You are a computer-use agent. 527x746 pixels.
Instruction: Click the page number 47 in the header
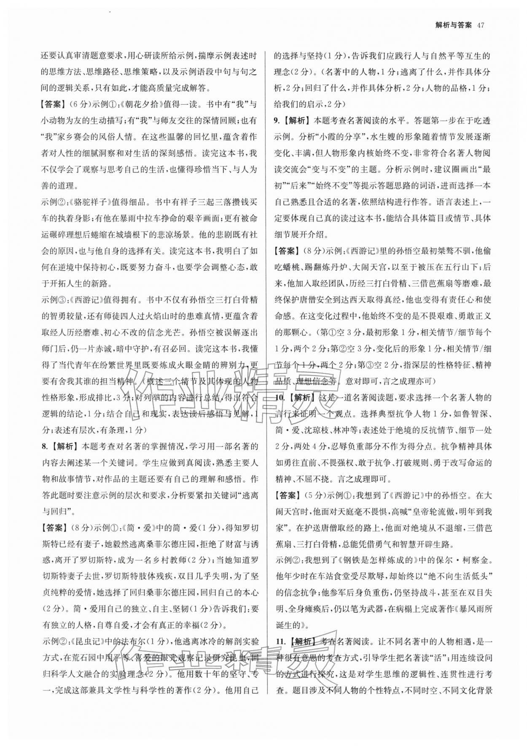479,25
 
